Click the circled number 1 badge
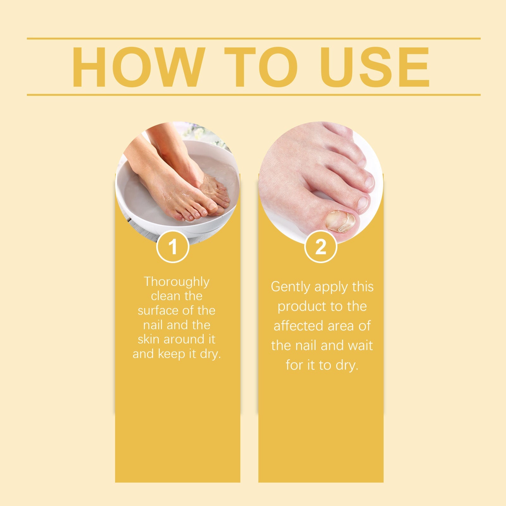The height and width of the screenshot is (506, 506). coord(173,247)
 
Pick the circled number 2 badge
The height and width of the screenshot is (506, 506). coord(321,247)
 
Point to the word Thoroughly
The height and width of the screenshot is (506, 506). coord(176,282)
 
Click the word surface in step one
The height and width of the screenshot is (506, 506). coord(157,311)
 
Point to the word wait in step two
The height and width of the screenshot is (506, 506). coord(360,346)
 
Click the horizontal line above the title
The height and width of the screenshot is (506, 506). coord(254,39)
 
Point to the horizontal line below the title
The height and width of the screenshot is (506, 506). coord(254,95)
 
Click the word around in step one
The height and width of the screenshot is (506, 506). coord(185,339)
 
